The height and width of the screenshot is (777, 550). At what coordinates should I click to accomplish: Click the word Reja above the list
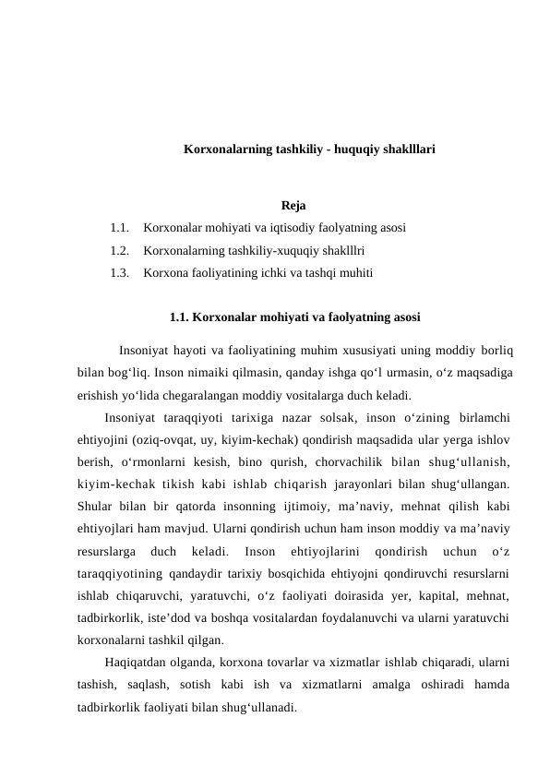(x=293, y=205)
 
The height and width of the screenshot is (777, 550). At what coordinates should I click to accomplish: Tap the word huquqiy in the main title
(x=351, y=149)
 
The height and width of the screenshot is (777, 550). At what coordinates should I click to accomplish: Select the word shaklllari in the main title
(x=405, y=149)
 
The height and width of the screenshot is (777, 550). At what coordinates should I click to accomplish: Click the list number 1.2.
(x=118, y=249)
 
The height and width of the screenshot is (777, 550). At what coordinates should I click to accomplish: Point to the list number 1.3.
(x=118, y=272)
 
